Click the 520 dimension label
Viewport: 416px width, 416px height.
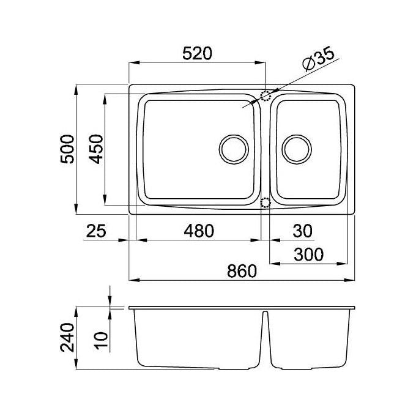pyautogui.click(x=198, y=53)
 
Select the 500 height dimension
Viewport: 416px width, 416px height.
pyautogui.click(x=67, y=149)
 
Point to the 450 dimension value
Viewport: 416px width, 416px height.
pyautogui.click(x=96, y=149)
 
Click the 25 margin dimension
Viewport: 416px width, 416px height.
pyautogui.click(x=96, y=231)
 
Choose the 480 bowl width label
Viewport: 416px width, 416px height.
pyautogui.click(x=199, y=231)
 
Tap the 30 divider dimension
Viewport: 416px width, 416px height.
pyautogui.click(x=302, y=231)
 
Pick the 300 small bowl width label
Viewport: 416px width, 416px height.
pyautogui.click(x=308, y=254)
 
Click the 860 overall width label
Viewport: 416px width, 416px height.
pyautogui.click(x=242, y=271)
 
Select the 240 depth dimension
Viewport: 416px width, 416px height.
pyautogui.click(x=67, y=337)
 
